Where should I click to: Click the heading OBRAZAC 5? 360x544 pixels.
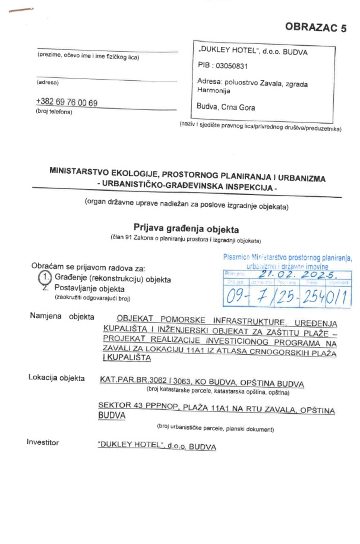(315, 27)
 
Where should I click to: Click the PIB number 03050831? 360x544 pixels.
(232, 66)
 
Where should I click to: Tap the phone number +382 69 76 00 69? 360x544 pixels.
(67, 102)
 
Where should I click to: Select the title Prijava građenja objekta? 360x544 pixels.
(186, 228)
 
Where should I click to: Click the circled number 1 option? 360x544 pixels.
(45, 277)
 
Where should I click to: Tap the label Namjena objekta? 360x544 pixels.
(62, 317)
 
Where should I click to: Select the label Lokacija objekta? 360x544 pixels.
(57, 378)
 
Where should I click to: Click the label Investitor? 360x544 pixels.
(42, 442)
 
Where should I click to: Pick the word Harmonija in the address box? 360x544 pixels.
(213, 90)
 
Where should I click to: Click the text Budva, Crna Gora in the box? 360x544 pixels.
(226, 107)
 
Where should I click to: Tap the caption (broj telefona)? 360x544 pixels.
(54, 112)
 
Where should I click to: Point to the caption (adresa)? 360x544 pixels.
(48, 83)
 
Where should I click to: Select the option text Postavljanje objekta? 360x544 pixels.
(89, 289)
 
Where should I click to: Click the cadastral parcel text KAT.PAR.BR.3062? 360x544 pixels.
(133, 380)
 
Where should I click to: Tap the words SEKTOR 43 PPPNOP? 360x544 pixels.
(138, 406)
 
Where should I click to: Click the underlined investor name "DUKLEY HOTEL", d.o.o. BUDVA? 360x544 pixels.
(157, 446)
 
